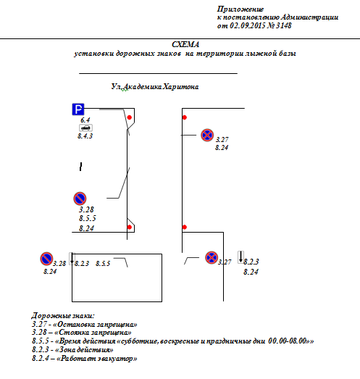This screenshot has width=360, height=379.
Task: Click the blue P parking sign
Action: (x=78, y=109)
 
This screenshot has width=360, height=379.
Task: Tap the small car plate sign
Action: (x=85, y=128)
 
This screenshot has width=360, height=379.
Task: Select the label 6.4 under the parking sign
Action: (x=85, y=120)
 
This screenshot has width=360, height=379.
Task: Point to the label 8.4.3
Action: (x=85, y=136)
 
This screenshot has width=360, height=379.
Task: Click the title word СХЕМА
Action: (x=185, y=44)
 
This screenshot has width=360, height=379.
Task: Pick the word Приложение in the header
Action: (x=240, y=9)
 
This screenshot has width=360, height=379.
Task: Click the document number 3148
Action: (x=284, y=25)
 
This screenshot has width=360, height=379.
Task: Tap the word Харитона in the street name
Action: (x=181, y=86)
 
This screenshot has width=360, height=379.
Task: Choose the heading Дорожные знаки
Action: (x=63, y=316)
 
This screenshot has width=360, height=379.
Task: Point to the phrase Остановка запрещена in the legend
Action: (x=97, y=324)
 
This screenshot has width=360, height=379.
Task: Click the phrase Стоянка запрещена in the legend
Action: (x=95, y=333)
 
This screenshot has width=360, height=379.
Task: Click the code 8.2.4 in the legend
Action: (x=41, y=358)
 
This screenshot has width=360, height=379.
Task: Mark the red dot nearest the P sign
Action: (x=130, y=117)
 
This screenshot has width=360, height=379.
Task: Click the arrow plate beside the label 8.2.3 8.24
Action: (x=240, y=257)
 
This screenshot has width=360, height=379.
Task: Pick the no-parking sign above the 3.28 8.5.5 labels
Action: (x=80, y=199)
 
